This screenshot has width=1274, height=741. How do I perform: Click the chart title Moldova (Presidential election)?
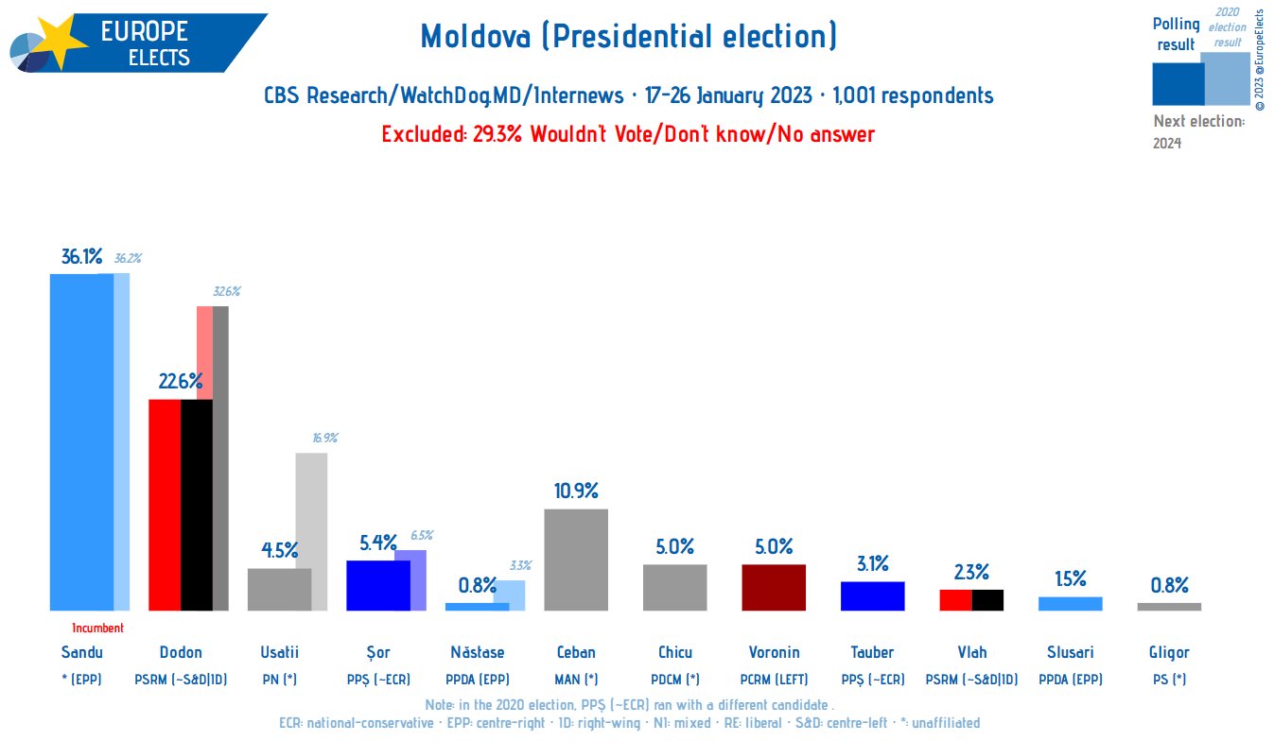point(628,37)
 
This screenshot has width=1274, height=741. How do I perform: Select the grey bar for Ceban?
point(576,560)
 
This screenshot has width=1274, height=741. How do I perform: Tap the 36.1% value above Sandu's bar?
point(81,257)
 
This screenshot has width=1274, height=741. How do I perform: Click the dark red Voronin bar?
point(773,587)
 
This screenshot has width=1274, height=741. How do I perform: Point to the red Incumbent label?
point(97,628)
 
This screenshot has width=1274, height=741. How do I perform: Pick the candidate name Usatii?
point(279,652)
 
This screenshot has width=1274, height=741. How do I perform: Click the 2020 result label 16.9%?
point(324,438)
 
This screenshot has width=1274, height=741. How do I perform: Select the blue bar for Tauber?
point(872,595)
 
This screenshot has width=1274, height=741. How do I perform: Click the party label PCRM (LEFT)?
point(773,679)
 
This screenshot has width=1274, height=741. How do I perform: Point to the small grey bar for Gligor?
point(1169,607)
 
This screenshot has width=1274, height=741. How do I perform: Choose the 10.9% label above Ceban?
point(576,491)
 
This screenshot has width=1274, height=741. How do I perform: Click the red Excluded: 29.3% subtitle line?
point(628,134)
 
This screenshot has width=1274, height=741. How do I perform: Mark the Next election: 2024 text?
point(1197,131)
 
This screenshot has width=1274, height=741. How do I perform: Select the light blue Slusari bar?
point(1070,603)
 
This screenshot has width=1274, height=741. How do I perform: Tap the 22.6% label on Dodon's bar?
point(180,382)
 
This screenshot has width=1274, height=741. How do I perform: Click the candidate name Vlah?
point(971,652)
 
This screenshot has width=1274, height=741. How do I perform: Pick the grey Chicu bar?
point(674,587)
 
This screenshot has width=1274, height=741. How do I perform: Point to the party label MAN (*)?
point(576,679)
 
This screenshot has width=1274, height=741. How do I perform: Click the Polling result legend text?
point(1176,34)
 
